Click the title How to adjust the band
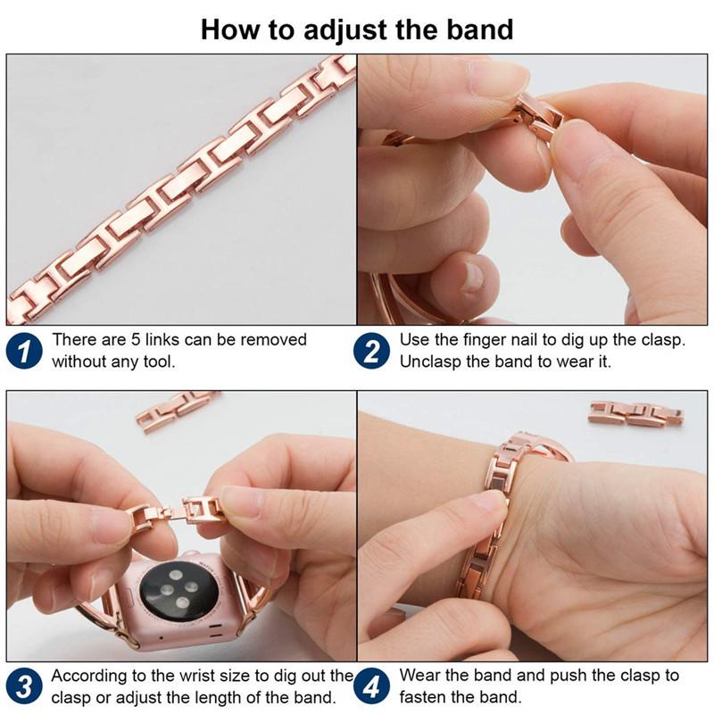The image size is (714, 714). (x=357, y=29)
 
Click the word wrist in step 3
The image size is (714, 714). (x=207, y=676)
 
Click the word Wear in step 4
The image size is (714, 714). (x=419, y=676)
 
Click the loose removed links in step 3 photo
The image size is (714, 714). (x=176, y=410)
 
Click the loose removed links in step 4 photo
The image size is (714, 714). (x=635, y=413)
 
